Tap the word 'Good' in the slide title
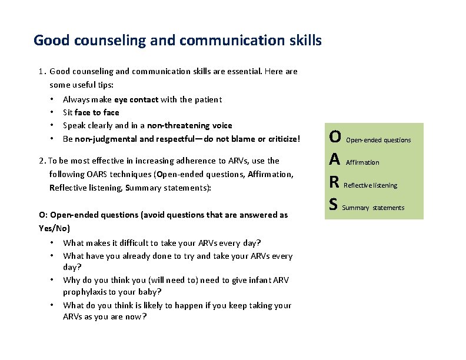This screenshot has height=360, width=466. point(51,41)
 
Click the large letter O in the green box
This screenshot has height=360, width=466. point(335,137)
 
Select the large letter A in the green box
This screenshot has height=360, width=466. point(335,160)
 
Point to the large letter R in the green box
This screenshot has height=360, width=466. point(334,183)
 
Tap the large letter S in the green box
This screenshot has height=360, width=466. point(334,205)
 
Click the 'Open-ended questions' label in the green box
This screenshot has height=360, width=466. point(378,140)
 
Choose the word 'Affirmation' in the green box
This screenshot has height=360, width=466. point(362,162)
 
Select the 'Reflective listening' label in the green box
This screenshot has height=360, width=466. point(370,185)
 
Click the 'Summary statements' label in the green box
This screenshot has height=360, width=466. point(373,208)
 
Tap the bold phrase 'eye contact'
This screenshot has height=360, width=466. point(137,99)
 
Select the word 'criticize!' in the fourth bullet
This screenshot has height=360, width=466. point(281,139)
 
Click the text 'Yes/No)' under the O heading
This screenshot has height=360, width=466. point(54,228)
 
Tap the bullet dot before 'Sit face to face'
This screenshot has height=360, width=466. point(52,112)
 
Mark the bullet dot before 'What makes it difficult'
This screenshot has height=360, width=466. point(52,243)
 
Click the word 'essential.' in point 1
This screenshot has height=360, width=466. point(242,71)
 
